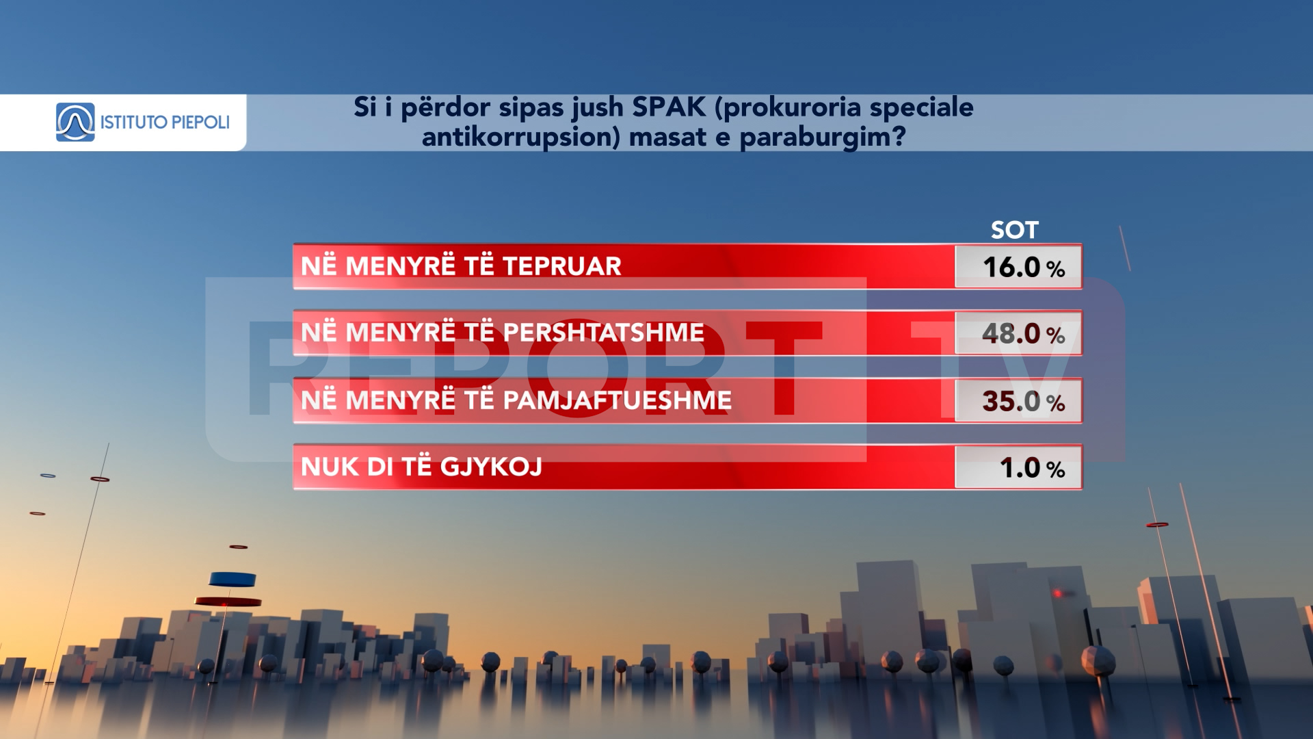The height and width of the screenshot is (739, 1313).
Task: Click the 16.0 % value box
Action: pyautogui.click(x=1018, y=267)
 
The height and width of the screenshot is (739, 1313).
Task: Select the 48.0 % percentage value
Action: pyautogui.click(x=1024, y=334)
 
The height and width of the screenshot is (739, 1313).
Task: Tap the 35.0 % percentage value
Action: pyautogui.click(x=1024, y=401)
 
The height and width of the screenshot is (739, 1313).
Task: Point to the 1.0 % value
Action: pyautogui.click(x=1033, y=468)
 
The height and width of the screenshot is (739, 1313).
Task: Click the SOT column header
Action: pyautogui.click(x=1015, y=230)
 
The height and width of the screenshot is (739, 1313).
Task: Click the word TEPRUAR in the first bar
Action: pyautogui.click(x=562, y=266)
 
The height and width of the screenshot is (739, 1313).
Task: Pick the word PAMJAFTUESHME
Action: pyautogui.click(x=617, y=400)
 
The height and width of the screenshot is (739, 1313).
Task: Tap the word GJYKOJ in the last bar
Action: pyautogui.click(x=491, y=467)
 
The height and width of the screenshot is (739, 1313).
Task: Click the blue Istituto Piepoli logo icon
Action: pyautogui.click(x=75, y=122)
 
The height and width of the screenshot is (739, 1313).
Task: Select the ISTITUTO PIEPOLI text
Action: pyautogui.click(x=165, y=122)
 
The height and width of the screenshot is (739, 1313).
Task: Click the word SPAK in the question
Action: pyautogui.click(x=669, y=107)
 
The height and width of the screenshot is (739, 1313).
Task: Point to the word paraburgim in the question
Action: pyautogui.click(x=823, y=138)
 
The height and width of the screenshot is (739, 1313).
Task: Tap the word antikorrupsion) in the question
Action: pyautogui.click(x=521, y=138)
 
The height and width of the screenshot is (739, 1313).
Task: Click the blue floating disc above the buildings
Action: pyautogui.click(x=233, y=580)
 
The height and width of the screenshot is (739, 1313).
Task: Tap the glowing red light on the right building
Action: pyautogui.click(x=1058, y=593)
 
